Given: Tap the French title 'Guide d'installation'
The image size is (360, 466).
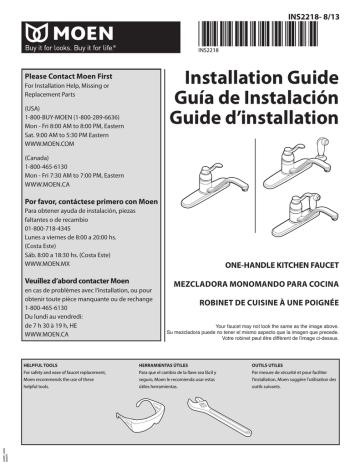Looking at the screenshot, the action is pyautogui.click(x=266, y=123).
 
